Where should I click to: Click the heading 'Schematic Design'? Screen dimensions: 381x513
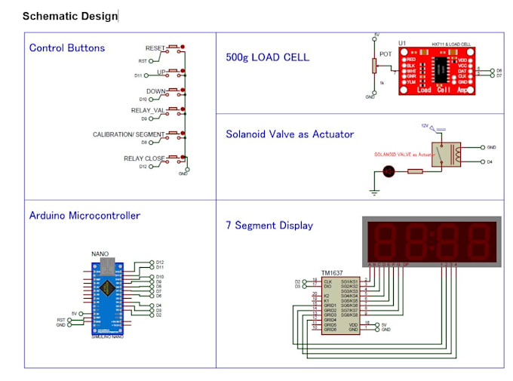click(x=70, y=16)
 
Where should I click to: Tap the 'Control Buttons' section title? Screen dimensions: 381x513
click(x=67, y=48)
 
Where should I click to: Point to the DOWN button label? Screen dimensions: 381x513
click(x=156, y=91)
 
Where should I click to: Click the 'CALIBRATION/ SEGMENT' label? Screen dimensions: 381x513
click(x=128, y=134)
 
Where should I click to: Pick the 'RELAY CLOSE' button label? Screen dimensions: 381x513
click(x=144, y=158)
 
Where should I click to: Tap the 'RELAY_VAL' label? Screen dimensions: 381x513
click(x=148, y=110)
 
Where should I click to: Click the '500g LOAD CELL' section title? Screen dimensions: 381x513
click(x=267, y=57)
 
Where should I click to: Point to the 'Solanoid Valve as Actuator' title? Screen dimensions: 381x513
click(x=290, y=134)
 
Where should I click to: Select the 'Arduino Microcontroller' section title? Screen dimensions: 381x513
click(x=84, y=216)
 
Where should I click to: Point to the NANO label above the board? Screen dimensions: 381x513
click(x=100, y=254)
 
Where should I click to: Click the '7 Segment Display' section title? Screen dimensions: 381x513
click(x=269, y=226)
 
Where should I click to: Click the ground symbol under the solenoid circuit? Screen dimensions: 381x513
click(x=373, y=192)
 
